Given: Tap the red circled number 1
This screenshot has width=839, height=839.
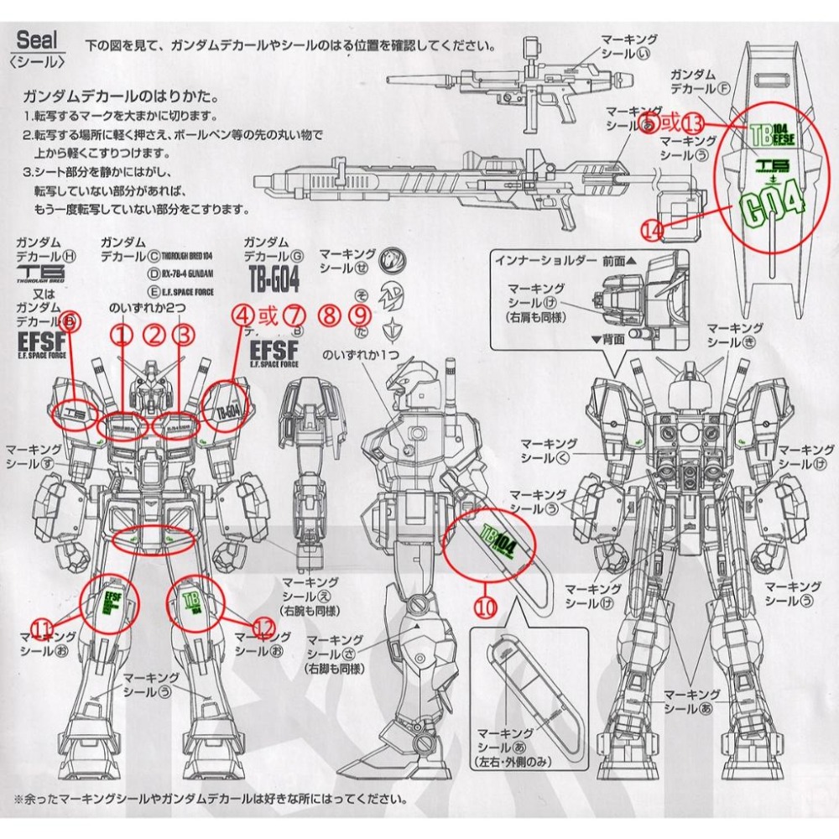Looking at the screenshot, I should pyautogui.click(x=123, y=336).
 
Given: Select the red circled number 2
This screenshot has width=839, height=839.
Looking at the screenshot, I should pyautogui.click(x=154, y=336).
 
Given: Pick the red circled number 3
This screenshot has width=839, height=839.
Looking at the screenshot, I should pyautogui.click(x=184, y=336).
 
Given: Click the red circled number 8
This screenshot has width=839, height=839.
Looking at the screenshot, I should pyautogui.click(x=330, y=316).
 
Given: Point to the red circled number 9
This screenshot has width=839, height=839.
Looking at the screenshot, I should pyautogui.click(x=360, y=316).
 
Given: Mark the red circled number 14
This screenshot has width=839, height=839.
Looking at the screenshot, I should pyautogui.click(x=650, y=228).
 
